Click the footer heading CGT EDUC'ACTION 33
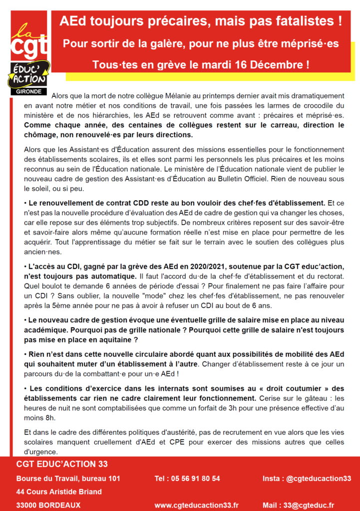[62, 464]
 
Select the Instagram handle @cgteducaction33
[318, 479]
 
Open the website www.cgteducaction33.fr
[196, 505]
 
